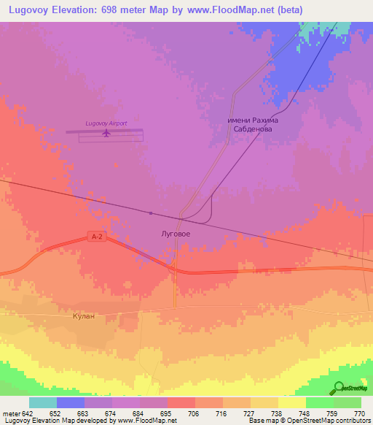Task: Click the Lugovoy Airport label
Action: coord(106,123)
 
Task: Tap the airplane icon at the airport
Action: coord(106,133)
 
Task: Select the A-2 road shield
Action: coord(96,236)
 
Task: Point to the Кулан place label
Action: coord(85,316)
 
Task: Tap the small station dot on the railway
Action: coord(151,213)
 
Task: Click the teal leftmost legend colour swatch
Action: coord(43,402)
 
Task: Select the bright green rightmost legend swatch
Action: coord(348,402)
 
